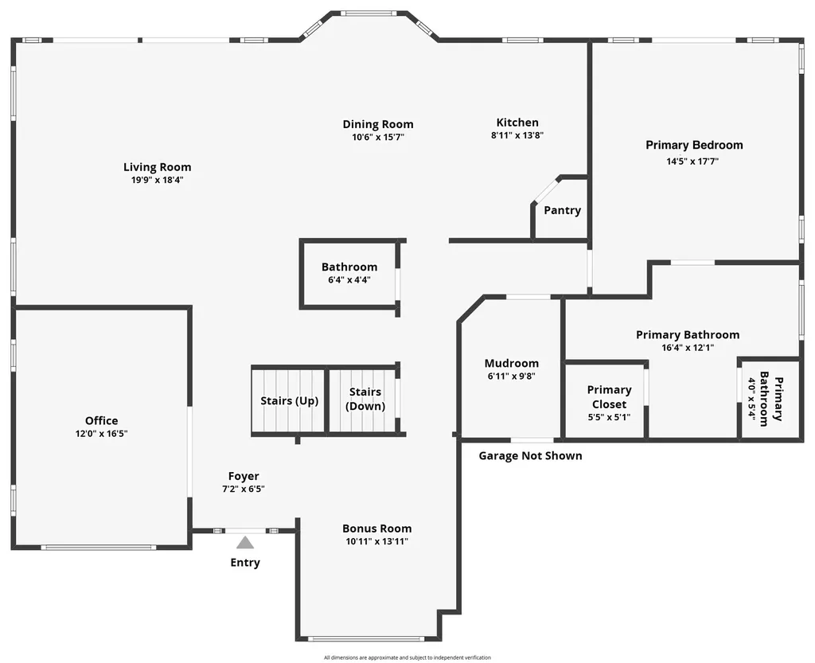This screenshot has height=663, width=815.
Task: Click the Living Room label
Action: pyautogui.click(x=157, y=167)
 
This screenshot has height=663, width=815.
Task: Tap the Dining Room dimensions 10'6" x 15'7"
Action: pyautogui.click(x=378, y=137)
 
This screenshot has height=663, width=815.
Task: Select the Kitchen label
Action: pyautogui.click(x=517, y=123)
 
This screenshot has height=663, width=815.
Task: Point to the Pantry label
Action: pyautogui.click(x=563, y=210)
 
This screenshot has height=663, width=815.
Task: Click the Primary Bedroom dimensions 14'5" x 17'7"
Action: pyautogui.click(x=693, y=161)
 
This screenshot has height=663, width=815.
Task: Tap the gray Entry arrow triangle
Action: pyautogui.click(x=245, y=543)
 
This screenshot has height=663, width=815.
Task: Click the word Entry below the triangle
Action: pyautogui.click(x=245, y=563)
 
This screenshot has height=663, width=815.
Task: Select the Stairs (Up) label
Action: pyautogui.click(x=290, y=401)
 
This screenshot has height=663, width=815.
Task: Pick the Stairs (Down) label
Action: pyautogui.click(x=365, y=399)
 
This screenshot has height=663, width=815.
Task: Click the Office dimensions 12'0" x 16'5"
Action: pyautogui.click(x=101, y=434)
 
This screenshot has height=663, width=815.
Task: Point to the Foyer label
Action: pyautogui.click(x=244, y=477)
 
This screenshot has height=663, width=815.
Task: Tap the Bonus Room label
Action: pyautogui.click(x=376, y=528)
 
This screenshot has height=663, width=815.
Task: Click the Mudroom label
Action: pyautogui.click(x=512, y=363)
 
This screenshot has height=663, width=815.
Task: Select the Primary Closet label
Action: pyautogui.click(x=609, y=397)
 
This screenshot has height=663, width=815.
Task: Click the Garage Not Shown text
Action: pyautogui.click(x=530, y=456)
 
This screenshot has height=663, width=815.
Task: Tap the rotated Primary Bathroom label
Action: pyautogui.click(x=771, y=399)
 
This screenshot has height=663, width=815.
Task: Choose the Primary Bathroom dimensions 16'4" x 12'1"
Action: pyautogui.click(x=688, y=348)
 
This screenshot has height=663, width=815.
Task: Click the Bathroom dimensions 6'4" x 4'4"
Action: pyautogui.click(x=349, y=280)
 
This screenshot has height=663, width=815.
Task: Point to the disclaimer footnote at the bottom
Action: pyautogui.click(x=407, y=657)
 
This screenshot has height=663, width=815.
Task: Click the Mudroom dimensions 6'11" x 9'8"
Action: pyautogui.click(x=512, y=376)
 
